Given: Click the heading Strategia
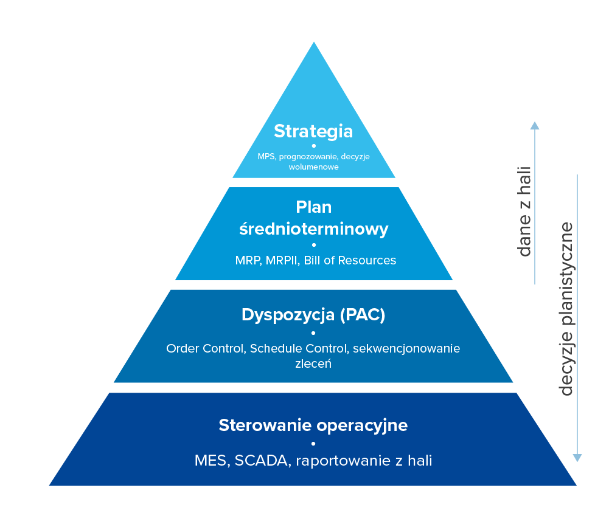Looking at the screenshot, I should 313,131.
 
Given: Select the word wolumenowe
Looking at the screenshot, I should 313,167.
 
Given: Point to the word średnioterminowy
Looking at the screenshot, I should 313,229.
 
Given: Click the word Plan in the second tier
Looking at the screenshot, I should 313,207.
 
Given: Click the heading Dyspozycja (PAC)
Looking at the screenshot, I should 313,315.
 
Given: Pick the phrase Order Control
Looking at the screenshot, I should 206,349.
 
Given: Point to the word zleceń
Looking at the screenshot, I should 313,364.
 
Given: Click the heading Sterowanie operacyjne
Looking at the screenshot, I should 313,425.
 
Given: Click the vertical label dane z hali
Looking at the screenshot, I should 524,212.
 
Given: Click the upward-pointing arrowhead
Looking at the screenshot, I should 534,126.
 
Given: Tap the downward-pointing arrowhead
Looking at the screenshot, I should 577,457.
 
